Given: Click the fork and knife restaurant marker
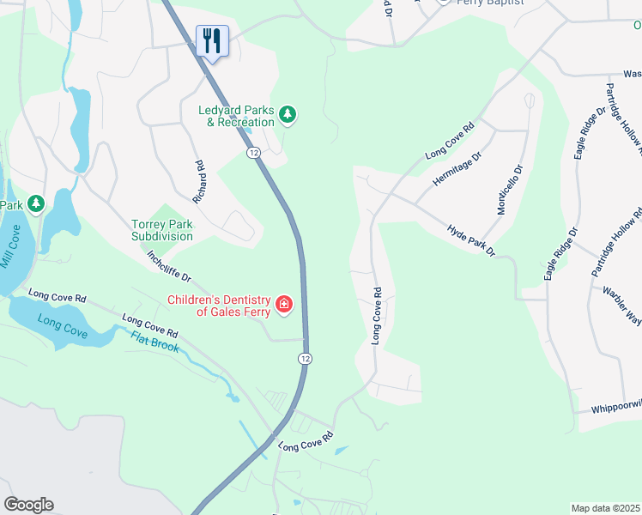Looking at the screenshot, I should pyautogui.click(x=212, y=40).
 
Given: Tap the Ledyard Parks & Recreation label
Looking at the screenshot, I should pyautogui.click(x=236, y=116).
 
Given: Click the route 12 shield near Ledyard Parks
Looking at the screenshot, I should pyautogui.click(x=253, y=152).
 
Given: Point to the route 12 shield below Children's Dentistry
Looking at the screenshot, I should pyautogui.click(x=305, y=357).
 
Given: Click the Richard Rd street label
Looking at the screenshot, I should pyautogui.click(x=199, y=182).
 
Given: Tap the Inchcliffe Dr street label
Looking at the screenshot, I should pyautogui.click(x=168, y=268).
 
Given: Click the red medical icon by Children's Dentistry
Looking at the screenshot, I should pyautogui.click(x=283, y=305).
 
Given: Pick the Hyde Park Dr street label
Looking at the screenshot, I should pyautogui.click(x=471, y=241).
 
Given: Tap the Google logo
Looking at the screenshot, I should pyautogui.click(x=28, y=505).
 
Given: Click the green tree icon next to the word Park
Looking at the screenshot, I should pyautogui.click(x=35, y=203).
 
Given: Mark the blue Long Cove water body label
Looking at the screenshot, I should pyautogui.click(x=61, y=326).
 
